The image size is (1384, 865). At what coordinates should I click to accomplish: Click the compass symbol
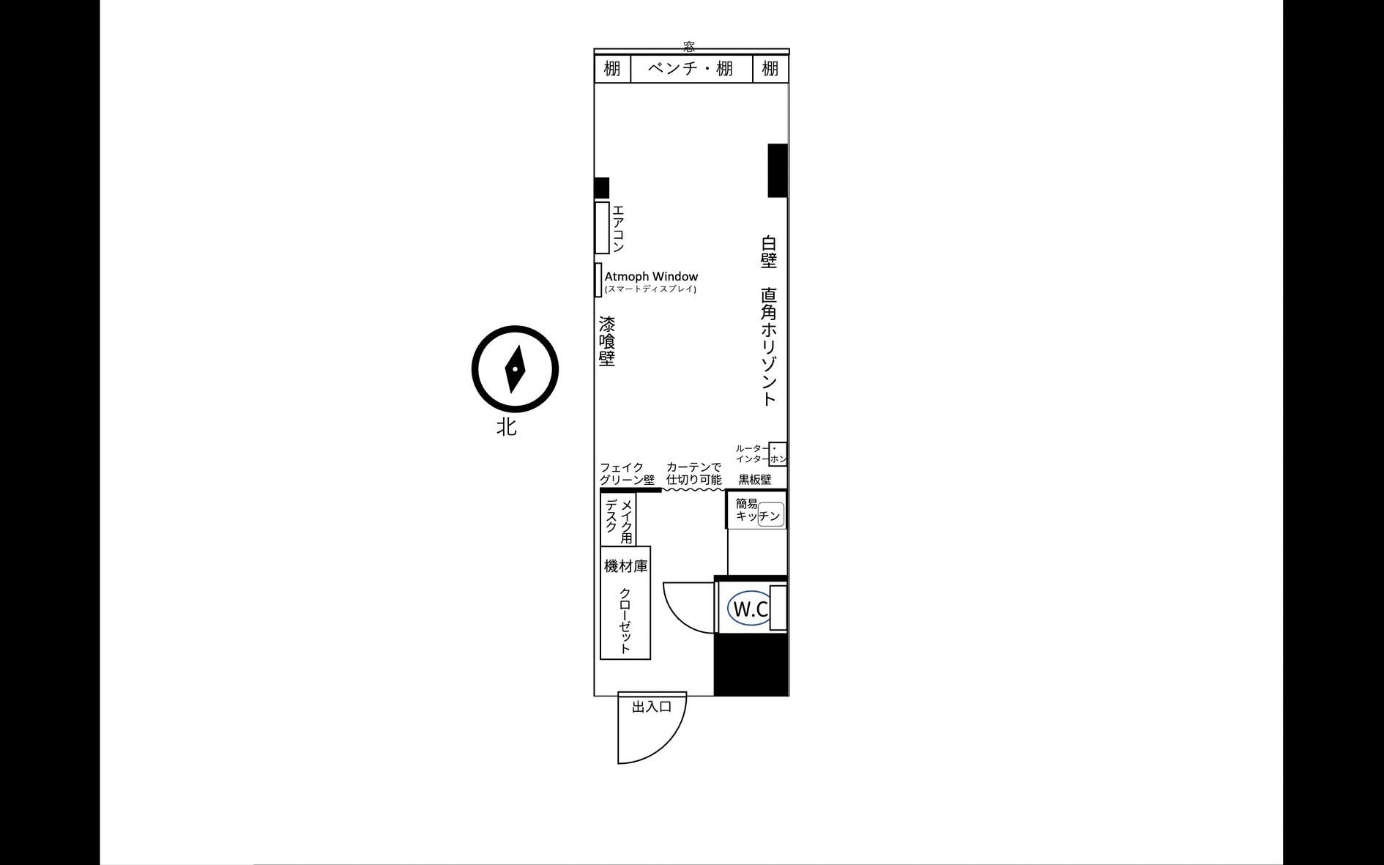[515, 368]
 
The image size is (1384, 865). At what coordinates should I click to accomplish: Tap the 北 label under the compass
[506, 426]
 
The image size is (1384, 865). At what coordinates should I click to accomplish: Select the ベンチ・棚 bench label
[691, 69]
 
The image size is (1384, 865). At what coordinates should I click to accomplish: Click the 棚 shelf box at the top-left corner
[612, 69]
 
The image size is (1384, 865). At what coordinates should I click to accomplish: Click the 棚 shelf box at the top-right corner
[770, 69]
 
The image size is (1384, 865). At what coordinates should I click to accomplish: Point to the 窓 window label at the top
[689, 47]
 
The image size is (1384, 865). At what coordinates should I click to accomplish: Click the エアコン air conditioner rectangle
[602, 228]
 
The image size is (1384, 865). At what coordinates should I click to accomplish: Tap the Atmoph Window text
[651, 276]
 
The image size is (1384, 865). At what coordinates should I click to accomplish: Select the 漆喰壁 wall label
[607, 341]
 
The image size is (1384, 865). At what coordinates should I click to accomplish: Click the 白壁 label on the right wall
[768, 251]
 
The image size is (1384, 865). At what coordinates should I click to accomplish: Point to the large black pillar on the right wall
[778, 171]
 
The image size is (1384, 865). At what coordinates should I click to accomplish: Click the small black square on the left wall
[601, 188]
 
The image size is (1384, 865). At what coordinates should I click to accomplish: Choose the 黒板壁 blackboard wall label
[754, 480]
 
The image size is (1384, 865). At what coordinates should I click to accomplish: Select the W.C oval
[750, 609]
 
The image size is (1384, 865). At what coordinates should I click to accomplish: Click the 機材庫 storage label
[626, 566]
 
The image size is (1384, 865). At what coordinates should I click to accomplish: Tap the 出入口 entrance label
[652, 707]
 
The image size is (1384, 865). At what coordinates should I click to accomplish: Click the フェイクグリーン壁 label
[627, 474]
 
